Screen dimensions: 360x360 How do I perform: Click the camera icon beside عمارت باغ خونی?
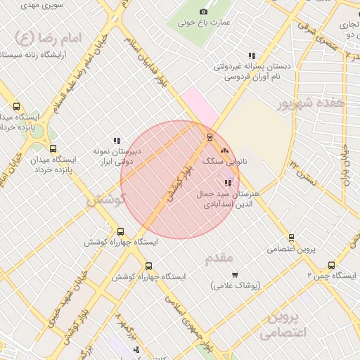(x=204, y=11)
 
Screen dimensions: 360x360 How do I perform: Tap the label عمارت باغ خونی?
(x=204, y=22)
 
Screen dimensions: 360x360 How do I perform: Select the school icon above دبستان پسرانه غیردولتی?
(x=251, y=56)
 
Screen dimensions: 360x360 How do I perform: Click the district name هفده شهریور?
(x=311, y=103)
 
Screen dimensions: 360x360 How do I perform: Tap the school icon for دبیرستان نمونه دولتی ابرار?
(x=117, y=141)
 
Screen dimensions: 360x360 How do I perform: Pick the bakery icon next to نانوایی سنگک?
(x=224, y=150)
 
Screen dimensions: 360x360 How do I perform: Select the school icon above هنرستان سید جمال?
(x=226, y=183)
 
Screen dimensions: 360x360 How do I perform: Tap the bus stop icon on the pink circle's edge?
(x=209, y=137)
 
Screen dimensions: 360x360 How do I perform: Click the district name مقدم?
(x=219, y=258)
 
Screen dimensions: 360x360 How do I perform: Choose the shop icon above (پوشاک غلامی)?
(x=235, y=274)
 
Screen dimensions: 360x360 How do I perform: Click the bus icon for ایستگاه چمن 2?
(x=331, y=265)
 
